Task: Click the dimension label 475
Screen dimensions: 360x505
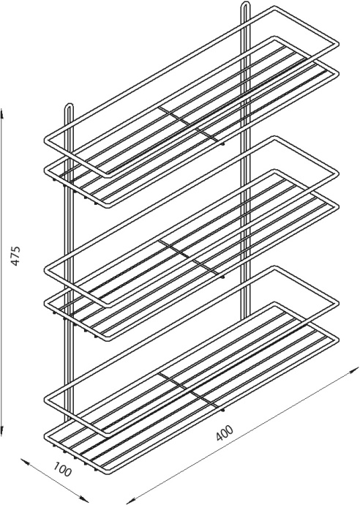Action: [15, 255]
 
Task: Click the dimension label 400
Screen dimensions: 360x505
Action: [225, 433]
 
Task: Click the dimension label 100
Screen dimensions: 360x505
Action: [61, 469]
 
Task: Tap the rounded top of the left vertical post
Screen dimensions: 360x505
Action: [70, 105]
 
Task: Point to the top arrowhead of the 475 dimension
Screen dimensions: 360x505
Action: [2, 113]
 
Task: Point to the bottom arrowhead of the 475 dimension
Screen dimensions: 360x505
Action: [2, 430]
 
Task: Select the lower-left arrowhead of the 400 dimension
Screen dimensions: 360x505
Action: [130, 500]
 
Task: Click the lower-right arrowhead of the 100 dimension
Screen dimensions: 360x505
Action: [83, 499]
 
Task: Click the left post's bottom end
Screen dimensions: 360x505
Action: [67, 421]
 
